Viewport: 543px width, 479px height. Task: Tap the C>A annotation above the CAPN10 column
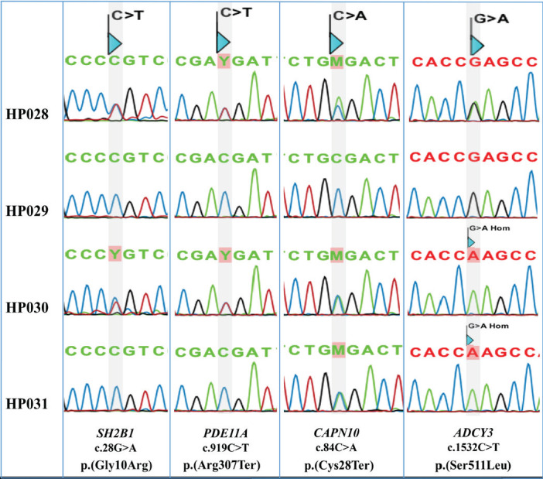[347, 13]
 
